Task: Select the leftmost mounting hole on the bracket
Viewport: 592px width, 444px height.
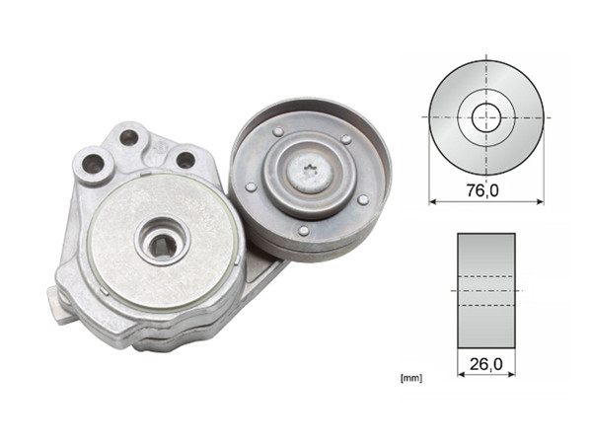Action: pos(94,164)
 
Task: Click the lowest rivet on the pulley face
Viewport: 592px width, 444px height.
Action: pos(302,231)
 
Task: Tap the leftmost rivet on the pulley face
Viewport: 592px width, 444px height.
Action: pos(251,186)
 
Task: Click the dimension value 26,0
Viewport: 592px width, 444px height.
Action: pos(485,363)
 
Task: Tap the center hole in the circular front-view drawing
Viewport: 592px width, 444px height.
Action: pos(485,117)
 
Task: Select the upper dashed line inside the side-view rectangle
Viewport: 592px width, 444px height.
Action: pos(485,276)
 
